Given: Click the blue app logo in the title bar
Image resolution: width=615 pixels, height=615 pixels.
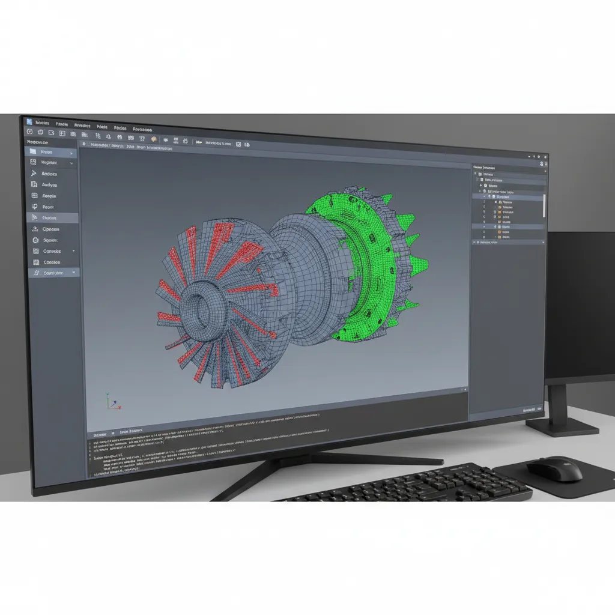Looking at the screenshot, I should click(x=29, y=121).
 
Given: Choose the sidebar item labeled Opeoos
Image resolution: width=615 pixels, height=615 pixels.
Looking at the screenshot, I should click(x=50, y=229).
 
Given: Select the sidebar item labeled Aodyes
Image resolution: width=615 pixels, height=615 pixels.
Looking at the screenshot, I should click(x=49, y=185).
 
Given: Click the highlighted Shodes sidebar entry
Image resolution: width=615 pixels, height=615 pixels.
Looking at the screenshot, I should click(x=49, y=218).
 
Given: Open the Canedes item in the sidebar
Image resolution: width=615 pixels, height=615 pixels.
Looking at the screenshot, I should click(x=52, y=251).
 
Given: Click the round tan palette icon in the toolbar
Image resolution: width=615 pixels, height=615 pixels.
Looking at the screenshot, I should click(x=154, y=141).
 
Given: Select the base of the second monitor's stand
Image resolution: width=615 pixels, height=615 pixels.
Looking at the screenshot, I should click(x=562, y=427).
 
